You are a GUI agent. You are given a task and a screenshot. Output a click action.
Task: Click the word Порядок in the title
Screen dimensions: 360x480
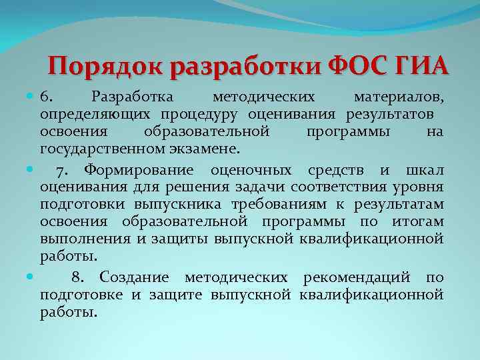tap(107, 67)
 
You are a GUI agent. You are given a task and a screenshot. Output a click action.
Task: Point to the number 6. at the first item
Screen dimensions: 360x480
tap(47, 99)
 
